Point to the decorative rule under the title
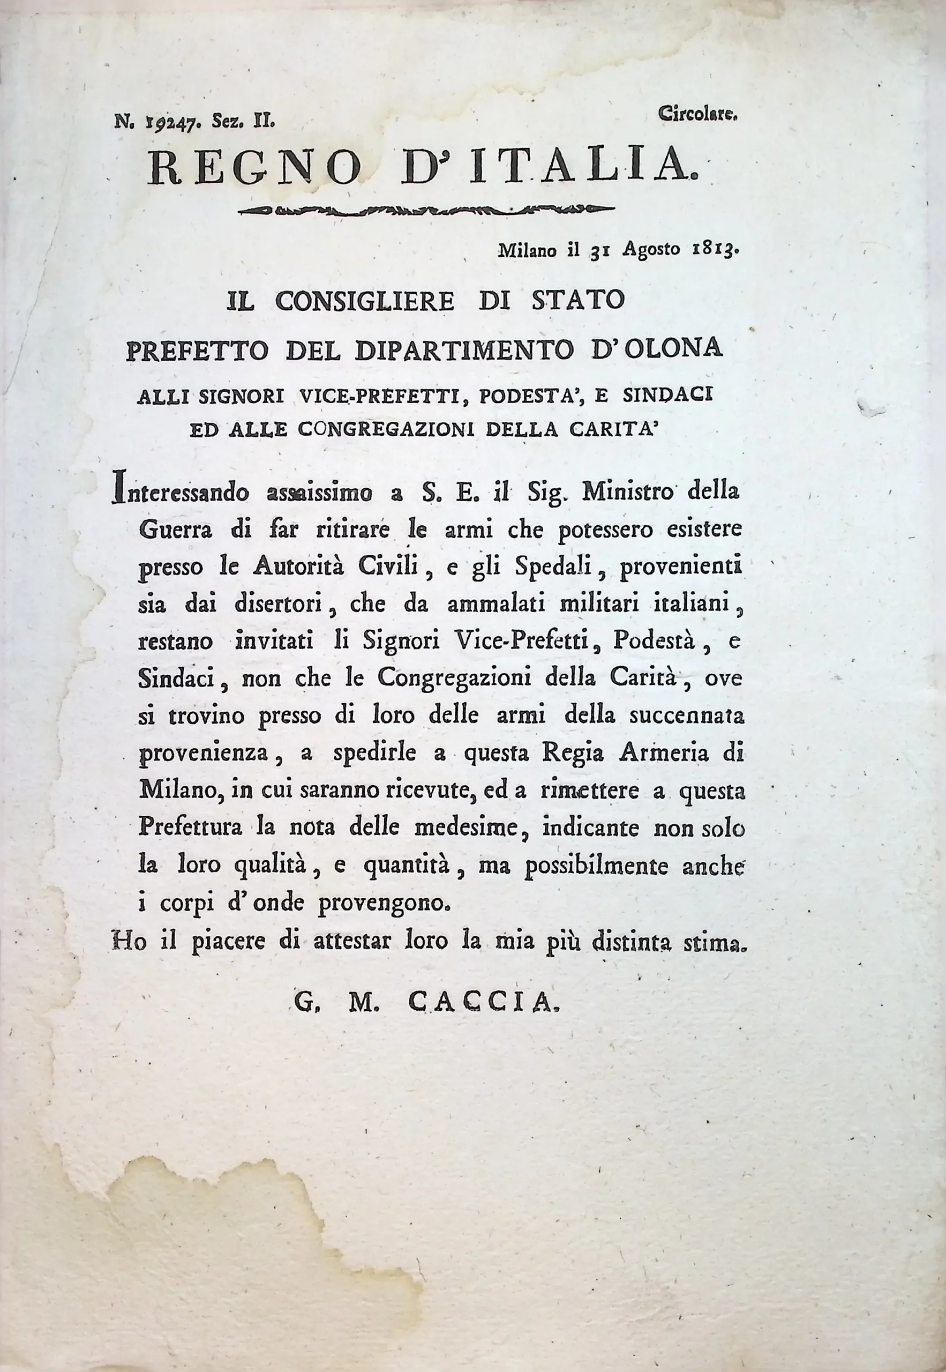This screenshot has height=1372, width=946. pyautogui.click(x=425, y=210)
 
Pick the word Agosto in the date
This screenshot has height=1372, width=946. pyautogui.click(x=650, y=250)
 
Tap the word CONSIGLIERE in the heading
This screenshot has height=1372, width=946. pyautogui.click(x=365, y=301)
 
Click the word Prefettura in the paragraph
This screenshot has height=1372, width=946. pyautogui.click(x=190, y=829)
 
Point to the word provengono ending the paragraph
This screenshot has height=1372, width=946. pyautogui.click(x=385, y=904)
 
